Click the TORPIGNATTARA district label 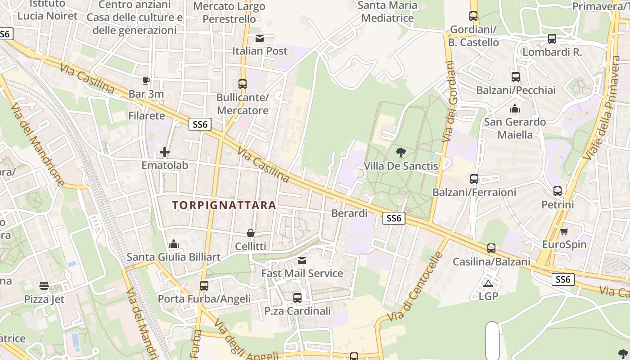pos(224,205)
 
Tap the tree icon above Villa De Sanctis pos(400,153)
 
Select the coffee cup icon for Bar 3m pos(146,81)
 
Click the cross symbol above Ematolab pos(165,152)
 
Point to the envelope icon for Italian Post pos(260,38)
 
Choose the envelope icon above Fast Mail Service pos(302,261)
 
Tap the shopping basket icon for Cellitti pos(251,233)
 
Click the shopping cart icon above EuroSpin pos(564,231)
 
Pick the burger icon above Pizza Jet pos(44,286)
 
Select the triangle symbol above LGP pos(488,283)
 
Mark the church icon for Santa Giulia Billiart pos(174,244)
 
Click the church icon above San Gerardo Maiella pos(515,108)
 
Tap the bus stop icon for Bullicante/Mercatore pos(243,84)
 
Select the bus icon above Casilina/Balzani pos(491,248)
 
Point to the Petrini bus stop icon pos(558,191)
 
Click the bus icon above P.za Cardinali pos(297,298)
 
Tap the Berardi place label pos(349,213)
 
